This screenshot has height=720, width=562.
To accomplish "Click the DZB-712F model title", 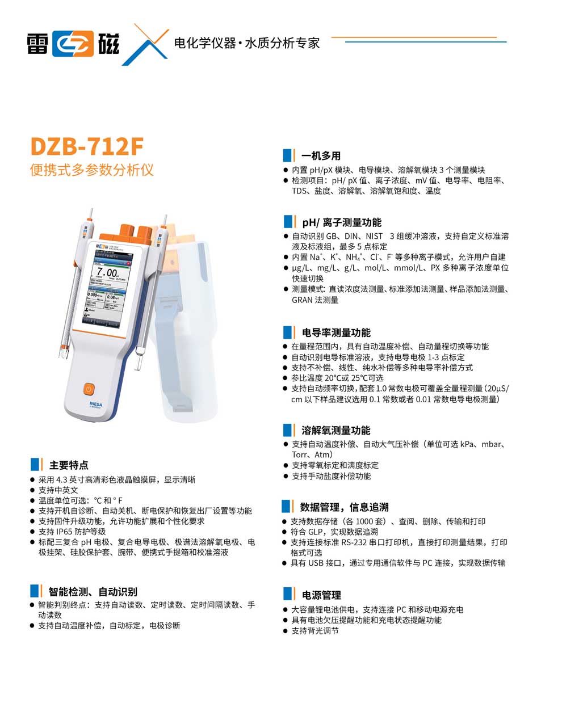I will (86, 146).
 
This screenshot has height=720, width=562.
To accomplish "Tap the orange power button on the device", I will (88, 389).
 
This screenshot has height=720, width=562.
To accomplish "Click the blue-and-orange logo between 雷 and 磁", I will (74, 43).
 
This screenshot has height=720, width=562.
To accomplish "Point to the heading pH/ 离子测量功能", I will (341, 222).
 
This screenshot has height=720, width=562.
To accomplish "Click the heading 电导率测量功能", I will (335, 332).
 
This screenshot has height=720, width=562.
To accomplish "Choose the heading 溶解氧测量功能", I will (335, 430).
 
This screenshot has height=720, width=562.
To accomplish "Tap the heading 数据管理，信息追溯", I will (344, 507).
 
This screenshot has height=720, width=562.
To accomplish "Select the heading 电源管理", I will (321, 595).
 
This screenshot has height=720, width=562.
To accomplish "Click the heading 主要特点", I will (68, 465).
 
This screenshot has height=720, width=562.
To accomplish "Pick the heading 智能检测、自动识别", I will (93, 592).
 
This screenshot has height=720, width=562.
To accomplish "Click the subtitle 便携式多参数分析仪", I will (91, 170).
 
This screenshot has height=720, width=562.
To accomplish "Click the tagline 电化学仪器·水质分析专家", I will (247, 43).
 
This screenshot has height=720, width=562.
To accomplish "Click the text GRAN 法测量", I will (315, 300).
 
